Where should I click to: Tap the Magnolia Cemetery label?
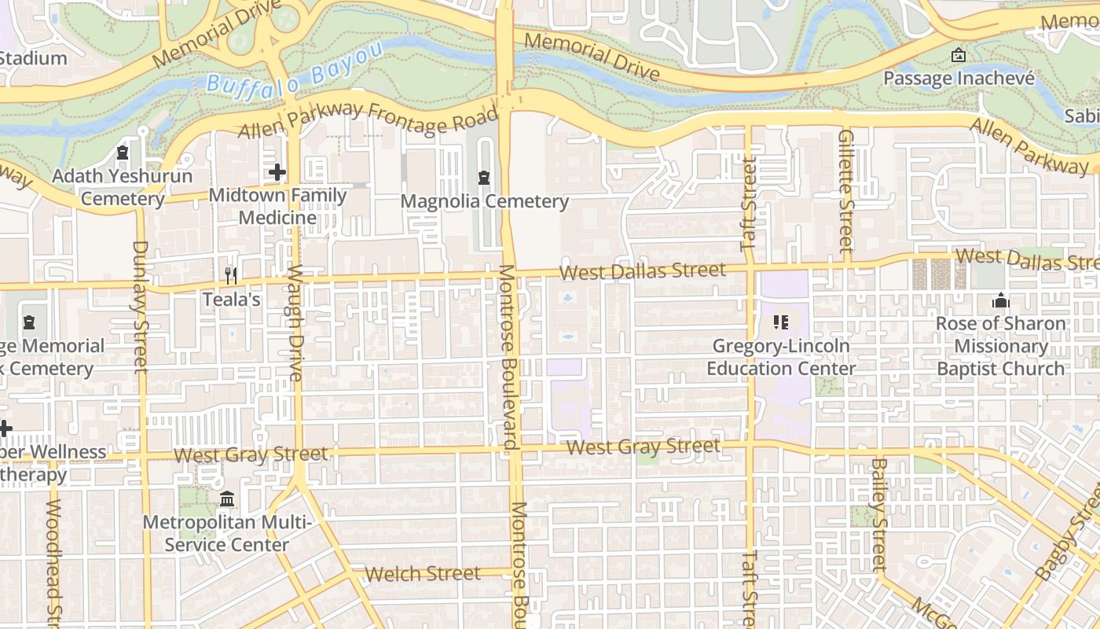484,201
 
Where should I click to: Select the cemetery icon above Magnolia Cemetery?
484,178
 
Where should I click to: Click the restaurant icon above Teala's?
231,275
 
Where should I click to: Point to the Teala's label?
231,299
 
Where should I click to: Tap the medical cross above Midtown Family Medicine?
277,171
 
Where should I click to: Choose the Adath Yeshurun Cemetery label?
123,187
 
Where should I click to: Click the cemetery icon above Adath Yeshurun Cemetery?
123,152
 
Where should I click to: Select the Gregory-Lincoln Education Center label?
781,357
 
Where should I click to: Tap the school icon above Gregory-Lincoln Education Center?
780,322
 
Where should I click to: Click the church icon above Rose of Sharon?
1000,300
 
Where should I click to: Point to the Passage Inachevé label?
959,79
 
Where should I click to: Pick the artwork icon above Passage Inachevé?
958,55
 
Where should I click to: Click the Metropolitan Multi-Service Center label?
227,533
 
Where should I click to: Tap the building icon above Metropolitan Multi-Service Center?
227,499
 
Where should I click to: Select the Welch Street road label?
423,574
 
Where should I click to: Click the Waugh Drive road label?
295,323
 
